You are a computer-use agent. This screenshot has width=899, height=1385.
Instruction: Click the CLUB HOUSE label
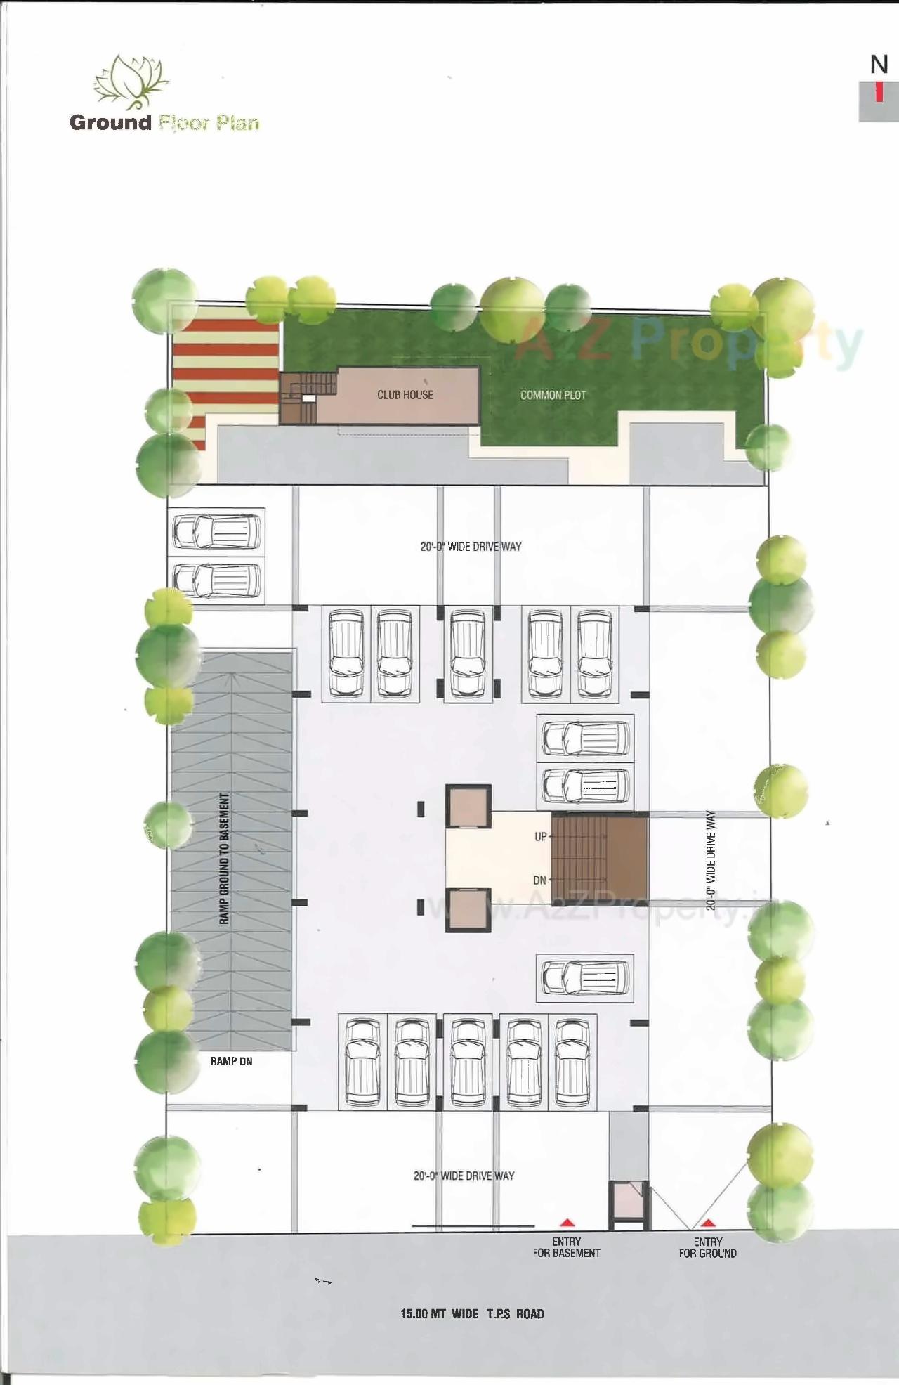click(405, 395)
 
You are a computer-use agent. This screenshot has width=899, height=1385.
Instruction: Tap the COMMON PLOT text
click(553, 396)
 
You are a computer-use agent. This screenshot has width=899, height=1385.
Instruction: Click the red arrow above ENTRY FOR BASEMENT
click(566, 1223)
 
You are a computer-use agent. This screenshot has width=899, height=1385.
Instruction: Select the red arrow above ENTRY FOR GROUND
click(708, 1223)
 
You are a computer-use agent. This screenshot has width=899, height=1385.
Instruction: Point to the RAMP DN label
click(231, 1061)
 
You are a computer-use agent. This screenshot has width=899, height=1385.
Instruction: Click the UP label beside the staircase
click(540, 837)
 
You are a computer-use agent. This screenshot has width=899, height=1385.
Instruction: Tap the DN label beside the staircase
click(539, 880)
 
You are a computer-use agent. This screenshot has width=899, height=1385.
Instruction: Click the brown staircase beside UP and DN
click(598, 857)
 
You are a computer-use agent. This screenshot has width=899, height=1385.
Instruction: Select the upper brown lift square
click(468, 807)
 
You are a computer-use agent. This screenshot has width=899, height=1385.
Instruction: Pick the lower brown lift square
click(468, 909)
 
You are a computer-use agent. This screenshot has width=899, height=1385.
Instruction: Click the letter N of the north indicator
click(879, 65)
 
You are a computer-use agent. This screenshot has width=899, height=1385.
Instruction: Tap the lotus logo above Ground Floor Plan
click(131, 82)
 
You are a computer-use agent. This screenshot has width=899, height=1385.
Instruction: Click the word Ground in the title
click(110, 122)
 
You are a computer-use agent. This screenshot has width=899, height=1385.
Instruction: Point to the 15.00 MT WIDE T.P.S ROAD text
click(472, 1314)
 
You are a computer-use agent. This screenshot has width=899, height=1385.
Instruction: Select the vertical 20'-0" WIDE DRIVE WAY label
click(711, 860)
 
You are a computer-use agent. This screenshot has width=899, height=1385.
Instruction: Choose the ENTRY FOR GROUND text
click(708, 1247)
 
